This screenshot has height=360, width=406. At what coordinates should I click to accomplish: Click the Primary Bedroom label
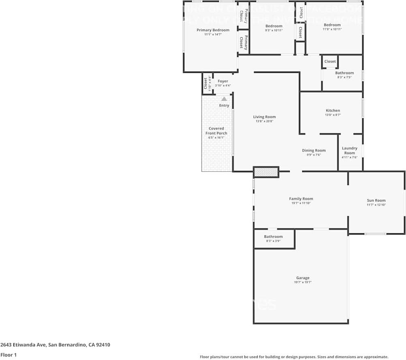click(213, 30)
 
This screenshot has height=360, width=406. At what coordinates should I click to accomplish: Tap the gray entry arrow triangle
click(224, 98)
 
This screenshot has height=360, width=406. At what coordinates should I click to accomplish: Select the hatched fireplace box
click(266, 172)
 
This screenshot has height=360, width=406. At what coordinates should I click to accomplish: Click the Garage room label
click(303, 278)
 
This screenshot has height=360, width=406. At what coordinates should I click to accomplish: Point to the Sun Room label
click(376, 200)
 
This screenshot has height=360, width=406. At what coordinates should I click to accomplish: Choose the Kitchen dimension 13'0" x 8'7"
click(333, 115)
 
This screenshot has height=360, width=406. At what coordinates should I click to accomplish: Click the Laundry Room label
click(349, 151)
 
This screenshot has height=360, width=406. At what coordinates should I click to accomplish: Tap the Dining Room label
click(314, 151)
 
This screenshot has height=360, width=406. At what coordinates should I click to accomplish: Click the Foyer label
click(223, 81)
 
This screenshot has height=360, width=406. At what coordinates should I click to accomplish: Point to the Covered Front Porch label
click(216, 131)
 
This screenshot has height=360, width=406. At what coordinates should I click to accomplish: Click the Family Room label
click(301, 199)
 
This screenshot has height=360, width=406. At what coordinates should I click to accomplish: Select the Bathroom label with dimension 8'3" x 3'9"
click(273, 236)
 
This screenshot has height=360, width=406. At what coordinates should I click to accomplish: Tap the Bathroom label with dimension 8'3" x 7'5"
click(344, 73)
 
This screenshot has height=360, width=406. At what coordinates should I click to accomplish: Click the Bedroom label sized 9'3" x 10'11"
click(274, 26)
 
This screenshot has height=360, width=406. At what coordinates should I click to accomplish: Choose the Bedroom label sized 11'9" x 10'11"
click(332, 25)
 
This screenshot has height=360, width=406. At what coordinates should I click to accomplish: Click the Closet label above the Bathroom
click(330, 62)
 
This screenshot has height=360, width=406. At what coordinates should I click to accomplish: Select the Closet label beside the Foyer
click(205, 83)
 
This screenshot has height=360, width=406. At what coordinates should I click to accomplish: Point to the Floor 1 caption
click(9, 355)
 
